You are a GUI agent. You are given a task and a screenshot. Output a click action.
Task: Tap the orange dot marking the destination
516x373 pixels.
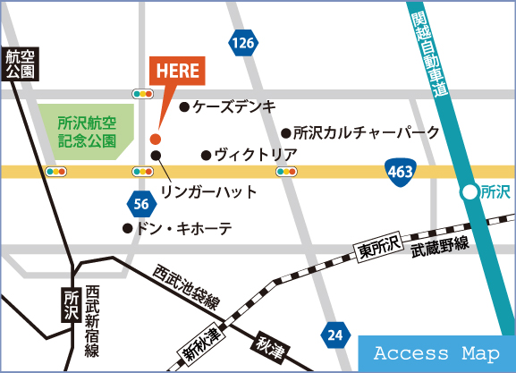pyautogui.click(x=155, y=139)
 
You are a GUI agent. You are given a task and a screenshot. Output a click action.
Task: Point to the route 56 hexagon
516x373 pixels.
pyautogui.click(x=140, y=204)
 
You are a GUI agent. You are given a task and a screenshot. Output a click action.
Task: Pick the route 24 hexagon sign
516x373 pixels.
pyautogui.click(x=334, y=335)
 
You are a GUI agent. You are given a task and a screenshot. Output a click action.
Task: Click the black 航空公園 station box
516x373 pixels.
pyautogui.click(x=19, y=64)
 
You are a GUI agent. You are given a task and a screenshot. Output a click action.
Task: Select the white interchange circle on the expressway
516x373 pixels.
pyautogui.click(x=469, y=191)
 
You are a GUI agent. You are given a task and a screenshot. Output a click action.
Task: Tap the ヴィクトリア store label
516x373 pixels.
pyautogui.click(x=255, y=155)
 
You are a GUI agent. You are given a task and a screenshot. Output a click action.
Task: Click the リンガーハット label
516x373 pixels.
pyautogui.click(x=208, y=191)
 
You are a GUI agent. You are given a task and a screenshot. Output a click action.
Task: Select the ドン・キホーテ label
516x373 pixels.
pyautogui.click(x=182, y=228)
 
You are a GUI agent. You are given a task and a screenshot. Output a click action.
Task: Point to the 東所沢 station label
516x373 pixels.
pyautogui.click(x=376, y=242)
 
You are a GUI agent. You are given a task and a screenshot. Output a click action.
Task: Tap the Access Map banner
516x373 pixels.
pyautogui.click(x=436, y=354)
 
